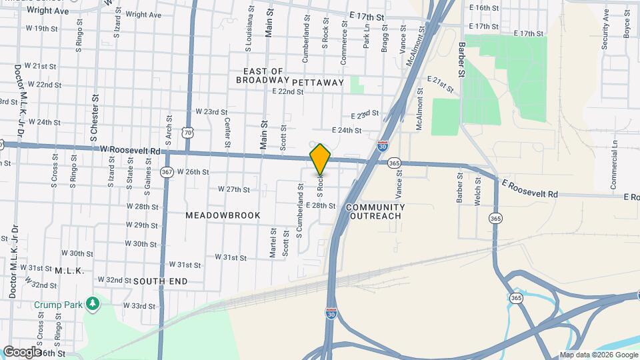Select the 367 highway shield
tap(167, 172)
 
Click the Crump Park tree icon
tap(93, 305)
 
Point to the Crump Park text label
tap(58, 305)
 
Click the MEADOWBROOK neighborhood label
tap(223, 215)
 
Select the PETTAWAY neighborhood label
tap(318, 83)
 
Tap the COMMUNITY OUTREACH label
tap(375, 211)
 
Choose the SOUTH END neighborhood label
tap(160, 281)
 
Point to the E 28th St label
tap(321, 206)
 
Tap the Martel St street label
tap(273, 241)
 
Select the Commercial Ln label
tap(615, 153)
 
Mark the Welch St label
tap(477, 191)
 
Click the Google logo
tap(21, 351)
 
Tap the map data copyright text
tap(598, 355)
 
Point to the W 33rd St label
tap(141, 306)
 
